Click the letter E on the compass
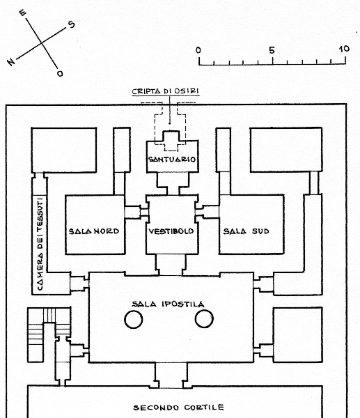tap(23, 13)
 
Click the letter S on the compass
tap(71, 24)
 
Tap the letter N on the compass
tap(11, 62)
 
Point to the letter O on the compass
tap(60, 74)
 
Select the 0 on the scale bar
tap(198, 50)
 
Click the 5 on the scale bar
tap(272, 50)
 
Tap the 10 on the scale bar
tap(344, 49)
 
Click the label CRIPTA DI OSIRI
tap(166, 91)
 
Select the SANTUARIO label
tap(172, 160)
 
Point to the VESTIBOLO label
tap(171, 231)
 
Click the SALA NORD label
tap(94, 231)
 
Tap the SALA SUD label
tap(246, 231)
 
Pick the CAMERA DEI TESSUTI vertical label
tap(40, 243)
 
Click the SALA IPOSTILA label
tap(168, 304)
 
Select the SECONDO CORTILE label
tap(178, 408)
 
